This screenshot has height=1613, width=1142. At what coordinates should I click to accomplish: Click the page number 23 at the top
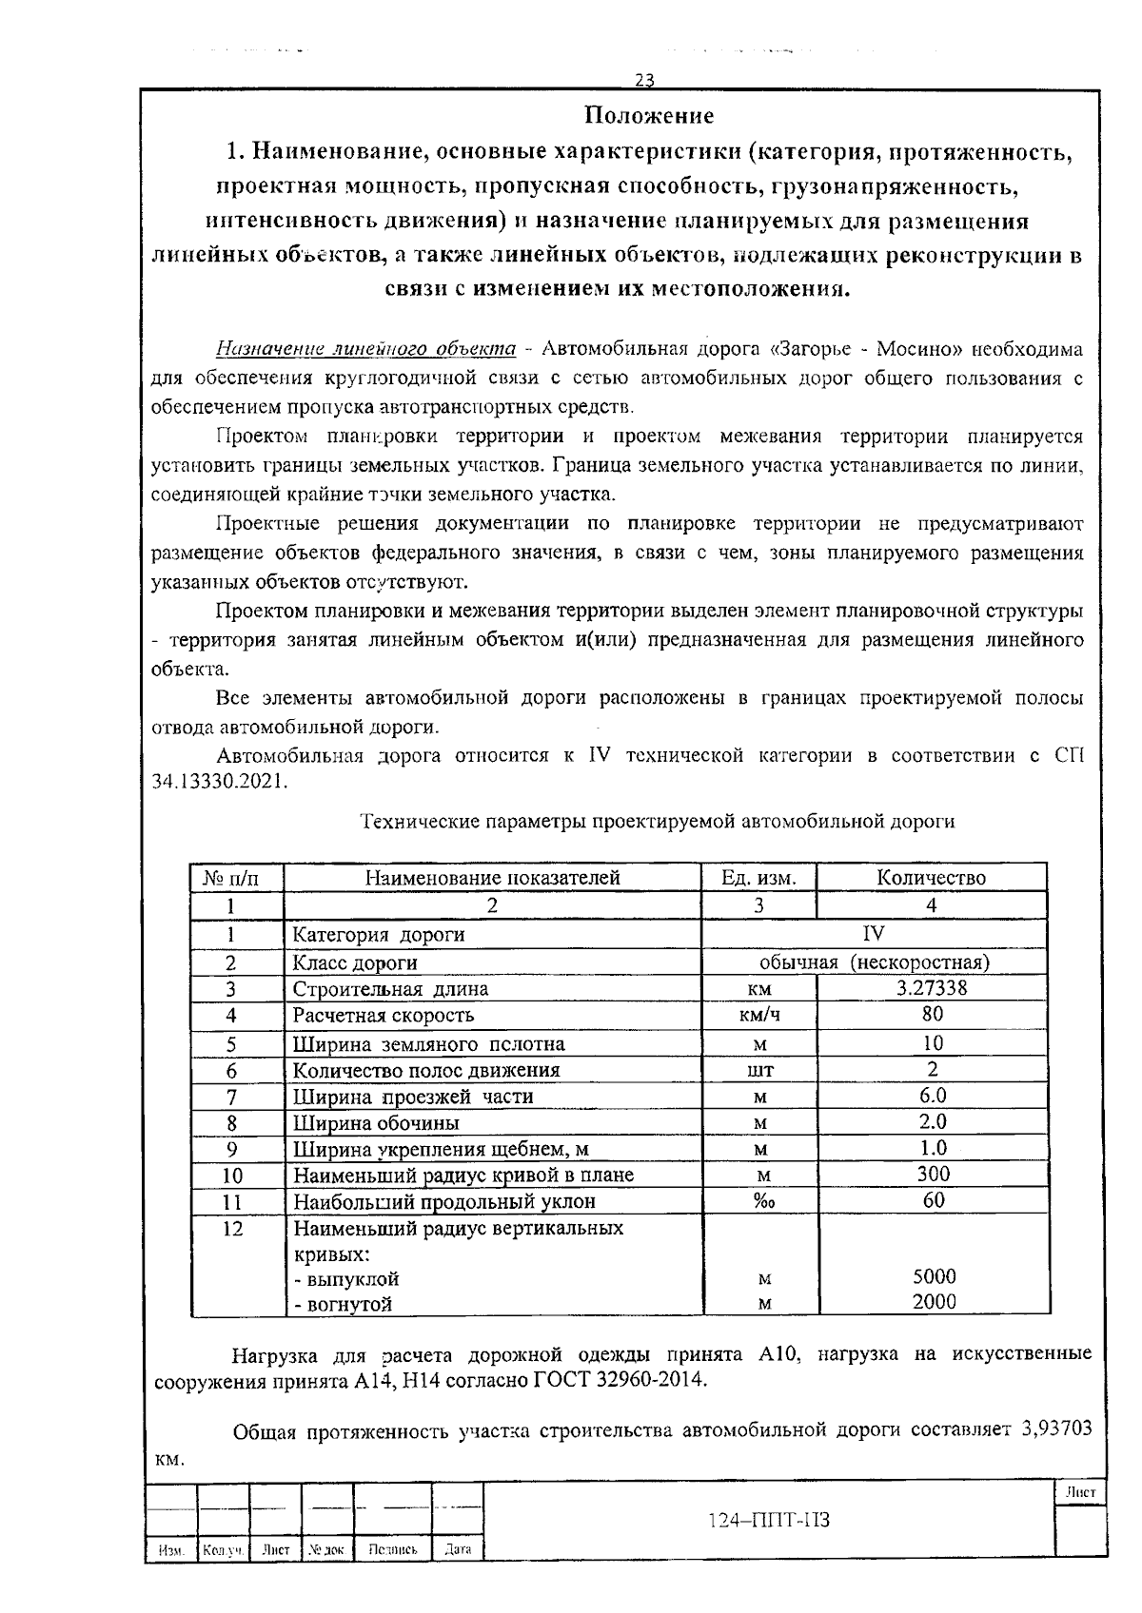pyautogui.click(x=644, y=80)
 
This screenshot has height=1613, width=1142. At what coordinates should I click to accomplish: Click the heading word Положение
pyautogui.click(x=648, y=116)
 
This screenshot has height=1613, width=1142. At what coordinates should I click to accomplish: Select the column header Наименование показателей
pyautogui.click(x=492, y=878)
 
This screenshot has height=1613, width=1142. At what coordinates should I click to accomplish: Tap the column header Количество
pyautogui.click(x=931, y=878)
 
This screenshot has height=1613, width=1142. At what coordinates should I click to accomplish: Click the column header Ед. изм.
pyautogui.click(x=758, y=878)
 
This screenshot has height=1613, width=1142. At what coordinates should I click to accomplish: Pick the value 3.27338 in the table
pyautogui.click(x=932, y=988)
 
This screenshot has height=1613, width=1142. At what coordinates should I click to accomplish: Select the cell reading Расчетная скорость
pyautogui.click(x=383, y=1015)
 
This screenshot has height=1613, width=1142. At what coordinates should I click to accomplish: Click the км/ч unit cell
pyautogui.click(x=759, y=1015)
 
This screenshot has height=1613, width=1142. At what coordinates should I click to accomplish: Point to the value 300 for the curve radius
pyautogui.click(x=934, y=1175)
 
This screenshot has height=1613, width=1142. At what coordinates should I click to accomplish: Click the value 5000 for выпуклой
pyautogui.click(x=934, y=1277)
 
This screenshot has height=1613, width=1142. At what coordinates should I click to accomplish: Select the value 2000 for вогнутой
pyautogui.click(x=934, y=1303)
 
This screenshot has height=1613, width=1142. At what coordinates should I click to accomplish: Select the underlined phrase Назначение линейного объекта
pyautogui.click(x=365, y=349)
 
